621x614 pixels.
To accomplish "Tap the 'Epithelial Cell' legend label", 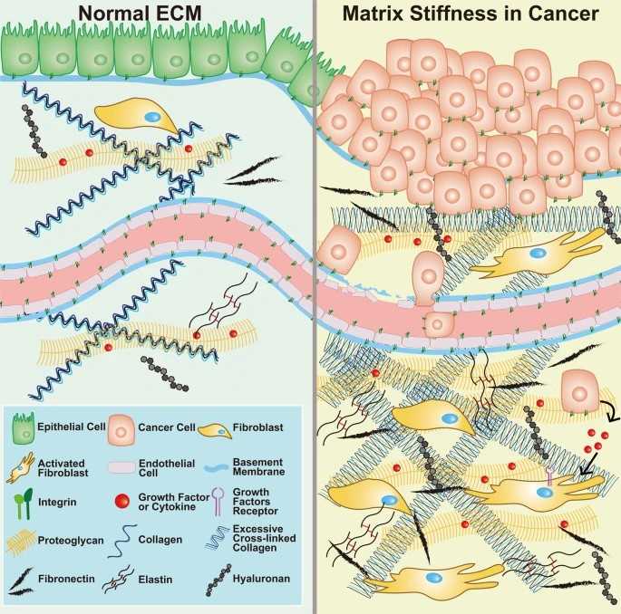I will pyautogui.click(x=66, y=424).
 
